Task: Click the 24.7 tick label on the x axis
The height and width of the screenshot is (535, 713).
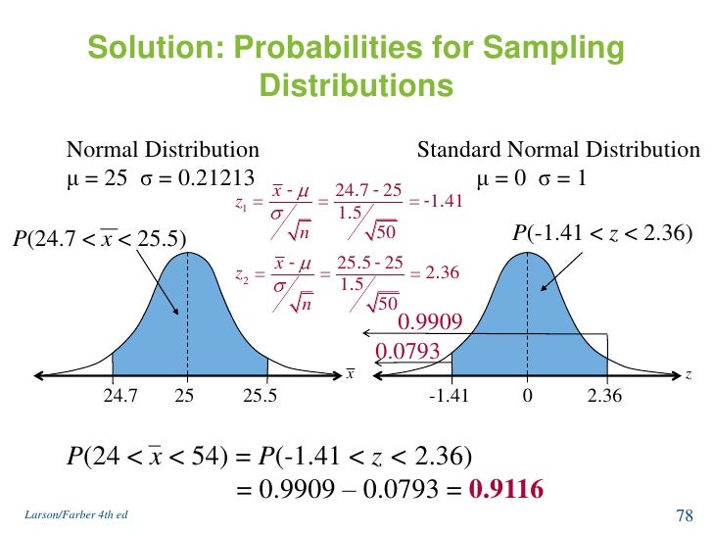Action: [119, 396]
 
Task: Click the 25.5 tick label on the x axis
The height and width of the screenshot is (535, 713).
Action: [260, 396]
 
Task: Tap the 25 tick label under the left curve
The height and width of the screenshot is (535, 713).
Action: [184, 396]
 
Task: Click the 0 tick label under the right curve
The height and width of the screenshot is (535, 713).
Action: [526, 396]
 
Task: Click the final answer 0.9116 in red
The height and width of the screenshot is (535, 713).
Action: [507, 488]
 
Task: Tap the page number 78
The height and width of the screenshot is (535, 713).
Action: [685, 516]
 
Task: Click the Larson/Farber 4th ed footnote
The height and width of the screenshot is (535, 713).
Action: [70, 515]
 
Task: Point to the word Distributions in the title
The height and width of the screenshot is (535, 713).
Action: [356, 86]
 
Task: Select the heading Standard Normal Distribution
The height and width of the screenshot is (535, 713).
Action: [558, 150]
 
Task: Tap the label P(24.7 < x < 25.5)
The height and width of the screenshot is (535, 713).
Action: [98, 237]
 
